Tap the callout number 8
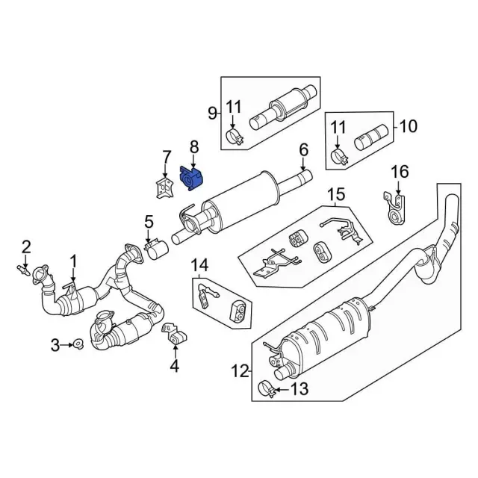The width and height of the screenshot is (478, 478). pos(193,146)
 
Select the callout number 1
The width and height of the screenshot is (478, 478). pos(74,261)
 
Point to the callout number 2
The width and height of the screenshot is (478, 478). pos(25,246)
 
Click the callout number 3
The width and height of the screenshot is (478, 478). pos(55,344)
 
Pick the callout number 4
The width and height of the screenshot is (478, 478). pos(175,365)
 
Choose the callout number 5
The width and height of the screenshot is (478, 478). pos(149,221)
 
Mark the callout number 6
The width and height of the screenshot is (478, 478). pos(303,151)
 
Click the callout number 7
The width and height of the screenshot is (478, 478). pos(167,157)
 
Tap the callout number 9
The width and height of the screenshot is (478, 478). pos(212,114)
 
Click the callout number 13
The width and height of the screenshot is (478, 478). pos(298,388)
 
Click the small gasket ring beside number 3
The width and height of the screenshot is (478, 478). pos(76,344)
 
